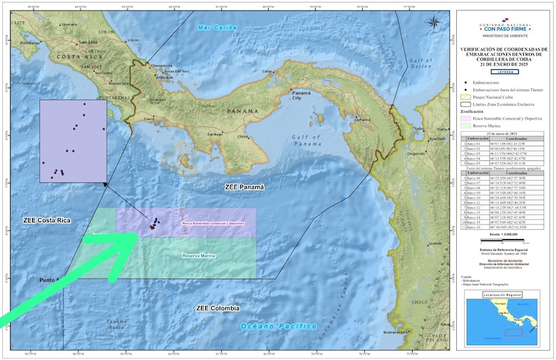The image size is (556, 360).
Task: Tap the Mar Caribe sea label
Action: (x=217, y=28)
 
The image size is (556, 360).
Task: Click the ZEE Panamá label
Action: (x=244, y=187)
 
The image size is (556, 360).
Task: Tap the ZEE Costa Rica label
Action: (x=46, y=220)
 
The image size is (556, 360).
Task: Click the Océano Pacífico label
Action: (x=278, y=326)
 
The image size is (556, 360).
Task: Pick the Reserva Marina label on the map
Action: (x=198, y=256)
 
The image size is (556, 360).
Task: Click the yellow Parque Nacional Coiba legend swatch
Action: (x=464, y=96)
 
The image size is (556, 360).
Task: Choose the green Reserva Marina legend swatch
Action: (x=464, y=125)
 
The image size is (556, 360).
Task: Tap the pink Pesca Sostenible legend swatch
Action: (x=464, y=118)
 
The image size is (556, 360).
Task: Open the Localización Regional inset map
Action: (x=505, y=324)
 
